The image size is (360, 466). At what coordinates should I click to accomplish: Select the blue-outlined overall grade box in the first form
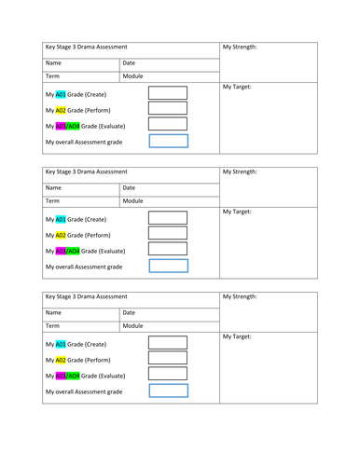click(x=168, y=141)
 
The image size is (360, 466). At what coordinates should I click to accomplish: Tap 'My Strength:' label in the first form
click(x=241, y=47)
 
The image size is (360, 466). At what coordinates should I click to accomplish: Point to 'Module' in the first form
click(x=132, y=75)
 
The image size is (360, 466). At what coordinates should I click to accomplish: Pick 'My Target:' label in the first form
click(x=238, y=88)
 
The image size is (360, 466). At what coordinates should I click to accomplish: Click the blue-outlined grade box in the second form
click(x=168, y=266)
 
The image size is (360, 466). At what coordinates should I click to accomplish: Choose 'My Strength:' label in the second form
click(x=241, y=171)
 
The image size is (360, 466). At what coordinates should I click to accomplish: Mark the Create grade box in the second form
click(x=168, y=219)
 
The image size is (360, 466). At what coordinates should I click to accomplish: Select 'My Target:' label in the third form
click(x=238, y=336)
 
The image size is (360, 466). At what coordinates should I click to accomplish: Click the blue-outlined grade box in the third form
click(x=168, y=391)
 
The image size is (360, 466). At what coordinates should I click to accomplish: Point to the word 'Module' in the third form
click(x=132, y=325)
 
